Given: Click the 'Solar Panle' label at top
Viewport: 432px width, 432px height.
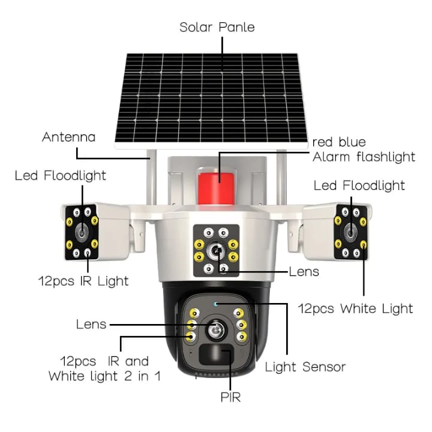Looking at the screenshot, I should click(x=217, y=28).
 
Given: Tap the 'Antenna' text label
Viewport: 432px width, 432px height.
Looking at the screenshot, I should click(x=68, y=137).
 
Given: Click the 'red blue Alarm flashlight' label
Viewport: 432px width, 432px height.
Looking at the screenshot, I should click(x=364, y=149).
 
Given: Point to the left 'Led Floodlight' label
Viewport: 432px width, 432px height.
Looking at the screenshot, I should click(x=61, y=175).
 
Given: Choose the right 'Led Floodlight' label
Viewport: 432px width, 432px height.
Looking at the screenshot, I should click(x=359, y=185).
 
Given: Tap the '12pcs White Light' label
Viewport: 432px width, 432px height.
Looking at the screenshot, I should click(x=356, y=308).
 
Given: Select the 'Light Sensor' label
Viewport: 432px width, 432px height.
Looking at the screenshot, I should click(x=305, y=366).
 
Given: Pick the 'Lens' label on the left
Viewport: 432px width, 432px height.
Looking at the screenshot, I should click(x=91, y=325).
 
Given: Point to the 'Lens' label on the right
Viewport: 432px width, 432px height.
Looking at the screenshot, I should click(x=304, y=272).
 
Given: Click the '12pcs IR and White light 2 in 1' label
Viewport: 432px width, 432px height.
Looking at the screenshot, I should click(x=104, y=369).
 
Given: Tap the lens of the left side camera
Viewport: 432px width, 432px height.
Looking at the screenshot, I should click(x=81, y=232).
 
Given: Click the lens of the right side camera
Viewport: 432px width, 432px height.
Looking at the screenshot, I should click(x=350, y=231).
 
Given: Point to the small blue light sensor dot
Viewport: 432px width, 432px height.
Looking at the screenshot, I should click(x=215, y=304).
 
